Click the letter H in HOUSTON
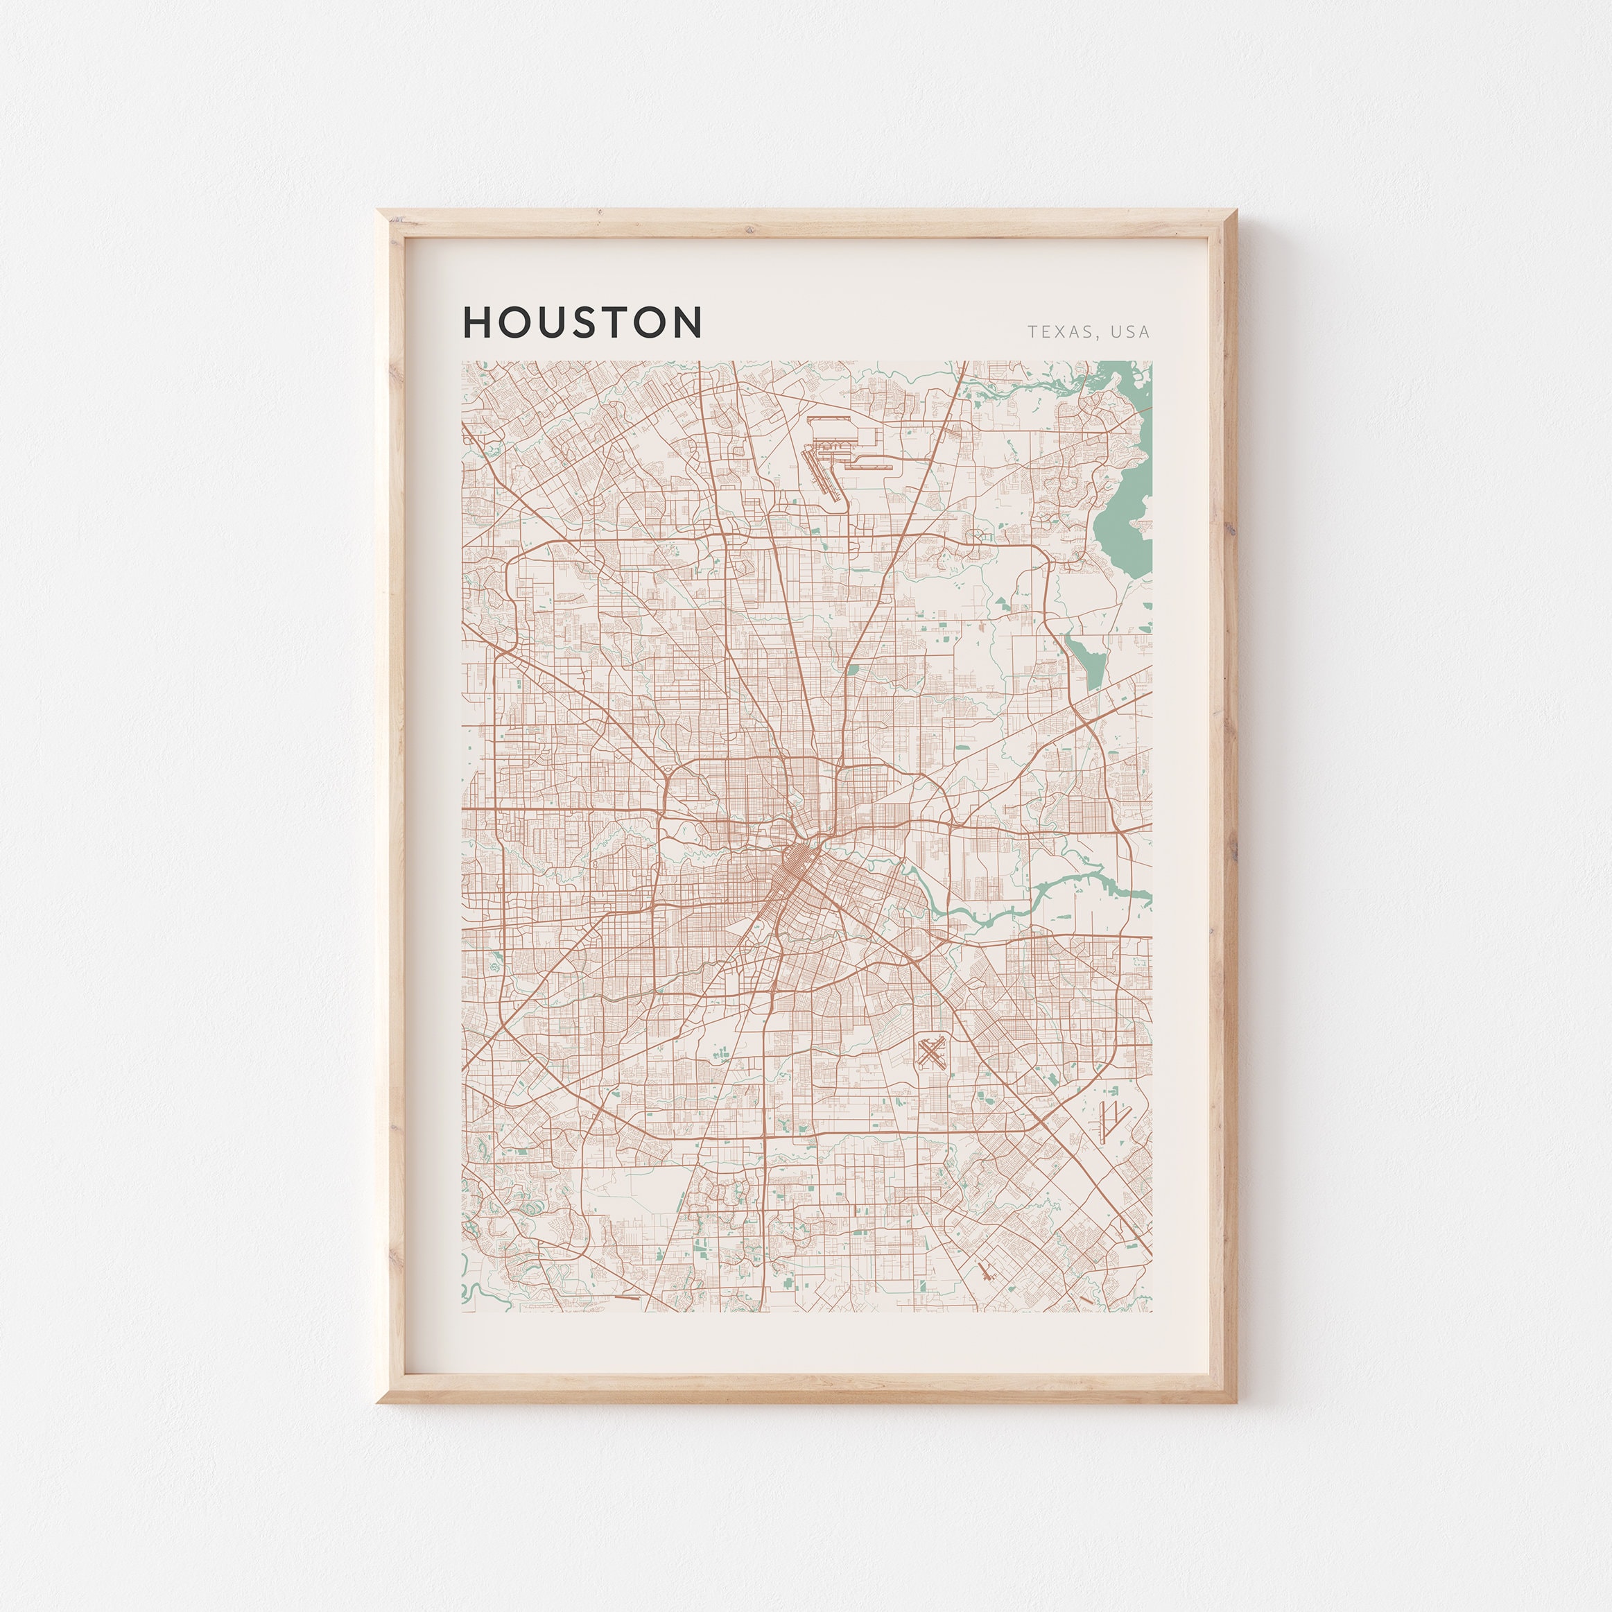click(479, 322)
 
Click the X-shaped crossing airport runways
click(931, 1053)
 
